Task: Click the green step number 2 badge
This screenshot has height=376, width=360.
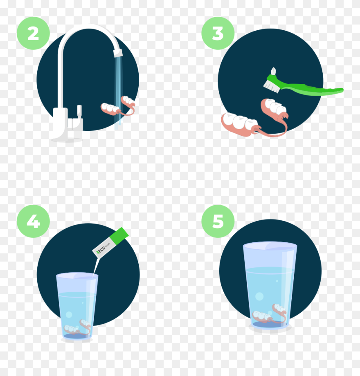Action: coord(33,34)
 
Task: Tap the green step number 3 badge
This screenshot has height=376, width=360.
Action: coord(218,34)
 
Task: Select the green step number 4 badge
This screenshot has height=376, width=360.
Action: coord(33,222)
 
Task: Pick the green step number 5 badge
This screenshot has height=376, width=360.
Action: coord(218,222)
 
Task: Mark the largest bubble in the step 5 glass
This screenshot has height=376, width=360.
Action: coord(259,296)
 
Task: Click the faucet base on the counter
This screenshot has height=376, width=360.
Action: coord(65,139)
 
